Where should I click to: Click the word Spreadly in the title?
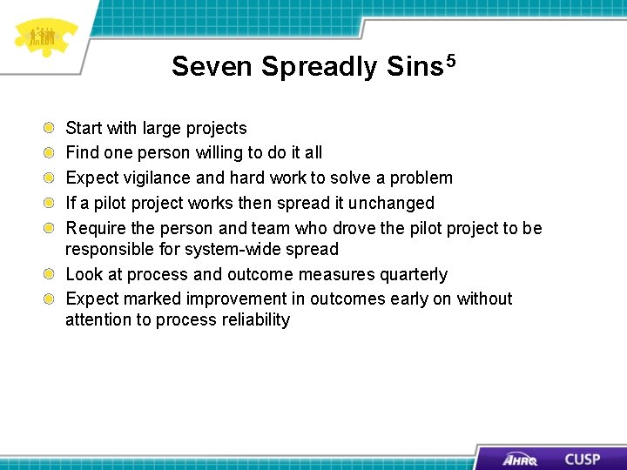(320, 67)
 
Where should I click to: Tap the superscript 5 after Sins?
(451, 61)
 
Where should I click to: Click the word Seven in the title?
(213, 67)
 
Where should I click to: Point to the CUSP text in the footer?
(581, 459)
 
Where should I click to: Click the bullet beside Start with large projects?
(53, 129)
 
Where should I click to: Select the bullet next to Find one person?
(53, 153)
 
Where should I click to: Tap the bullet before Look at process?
(53, 275)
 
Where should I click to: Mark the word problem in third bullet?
(421, 178)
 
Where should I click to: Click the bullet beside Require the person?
(53, 229)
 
